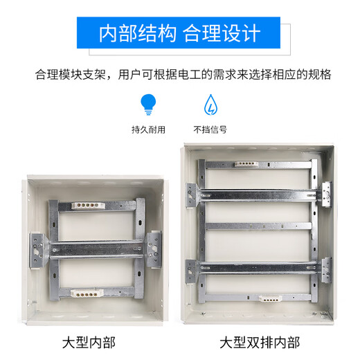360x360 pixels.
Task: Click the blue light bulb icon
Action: tap(147, 105)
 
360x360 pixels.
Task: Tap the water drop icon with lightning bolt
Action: tap(209, 105)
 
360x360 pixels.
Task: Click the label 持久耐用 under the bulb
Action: tap(147, 129)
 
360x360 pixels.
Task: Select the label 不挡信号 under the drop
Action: tap(210, 129)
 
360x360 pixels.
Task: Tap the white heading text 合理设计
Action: tap(222, 33)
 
